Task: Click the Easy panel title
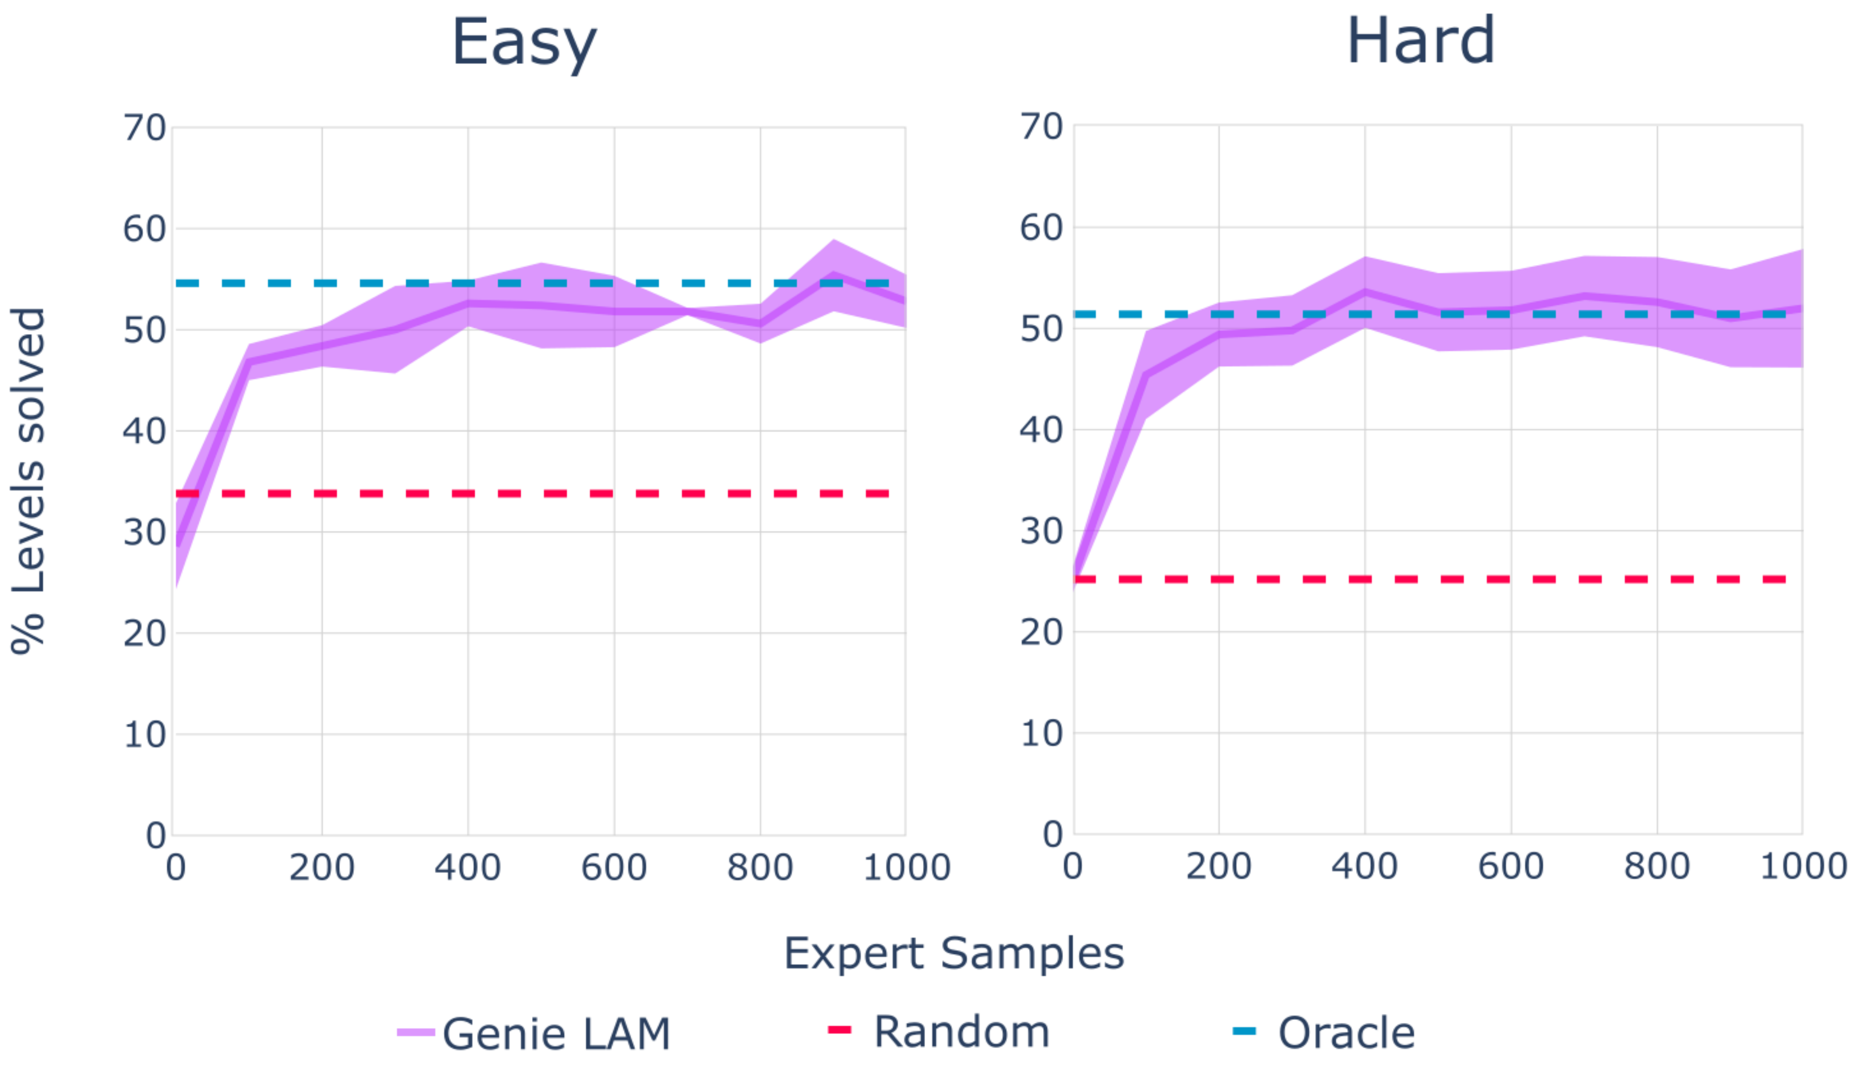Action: coord(524,44)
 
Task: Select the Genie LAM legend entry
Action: coord(534,1033)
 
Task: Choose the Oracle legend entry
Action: coord(1324,1032)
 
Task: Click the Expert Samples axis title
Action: coord(954,954)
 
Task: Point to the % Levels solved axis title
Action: coord(28,480)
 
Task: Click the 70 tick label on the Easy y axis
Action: coord(145,128)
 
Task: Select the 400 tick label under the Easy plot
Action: coord(468,868)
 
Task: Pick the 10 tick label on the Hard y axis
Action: coord(1041,734)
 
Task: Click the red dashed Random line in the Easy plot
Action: coord(533,493)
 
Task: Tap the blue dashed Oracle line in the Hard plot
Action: coord(1431,315)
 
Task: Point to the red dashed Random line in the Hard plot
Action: coord(1431,580)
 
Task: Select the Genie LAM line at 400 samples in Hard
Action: coord(1365,291)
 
